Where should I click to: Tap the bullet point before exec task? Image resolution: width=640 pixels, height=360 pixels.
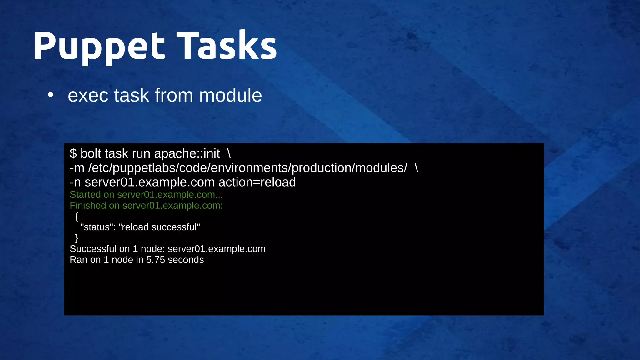pos(51,95)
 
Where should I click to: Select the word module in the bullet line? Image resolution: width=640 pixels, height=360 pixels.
pos(230,95)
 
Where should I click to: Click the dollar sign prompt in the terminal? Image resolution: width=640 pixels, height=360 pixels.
pos(73,154)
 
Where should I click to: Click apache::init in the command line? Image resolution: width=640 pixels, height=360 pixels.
pos(187,154)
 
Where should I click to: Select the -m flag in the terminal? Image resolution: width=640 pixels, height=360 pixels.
pos(77,168)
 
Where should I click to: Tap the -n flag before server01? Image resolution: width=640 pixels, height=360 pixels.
pos(75,182)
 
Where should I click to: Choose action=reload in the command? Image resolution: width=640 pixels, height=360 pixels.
pos(257,182)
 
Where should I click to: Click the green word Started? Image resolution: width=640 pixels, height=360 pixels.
pos(85,195)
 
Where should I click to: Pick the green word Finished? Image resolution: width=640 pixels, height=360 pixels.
pos(88,206)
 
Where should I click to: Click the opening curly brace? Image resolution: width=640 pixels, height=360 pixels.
pos(77,216)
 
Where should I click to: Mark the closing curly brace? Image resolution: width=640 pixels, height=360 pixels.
pos(77,238)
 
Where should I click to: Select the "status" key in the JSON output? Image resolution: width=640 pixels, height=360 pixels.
pos(97,227)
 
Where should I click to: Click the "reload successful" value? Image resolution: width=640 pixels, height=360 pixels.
pos(159,227)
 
